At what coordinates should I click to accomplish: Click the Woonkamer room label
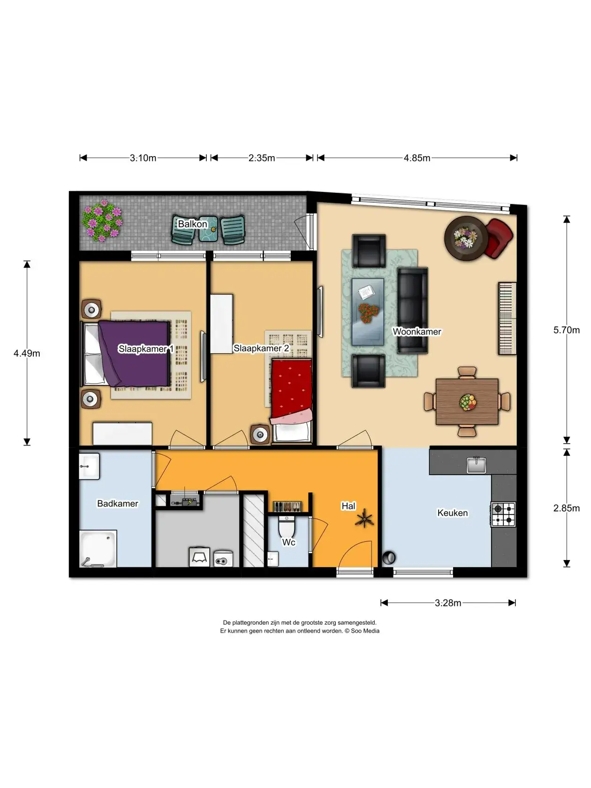417,331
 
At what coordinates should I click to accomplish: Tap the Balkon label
193,224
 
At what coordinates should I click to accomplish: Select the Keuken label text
453,513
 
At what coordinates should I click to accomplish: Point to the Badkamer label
118,503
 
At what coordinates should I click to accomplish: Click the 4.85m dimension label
417,158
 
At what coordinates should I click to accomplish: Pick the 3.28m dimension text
448,603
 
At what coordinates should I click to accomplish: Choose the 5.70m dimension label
567,330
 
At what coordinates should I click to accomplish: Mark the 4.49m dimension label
27,353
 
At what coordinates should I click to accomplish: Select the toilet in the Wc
286,526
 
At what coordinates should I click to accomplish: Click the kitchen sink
476,465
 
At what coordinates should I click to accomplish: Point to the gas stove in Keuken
503,514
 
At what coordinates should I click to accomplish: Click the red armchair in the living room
499,238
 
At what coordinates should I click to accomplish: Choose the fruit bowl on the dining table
468,402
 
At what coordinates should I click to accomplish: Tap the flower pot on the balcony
102,220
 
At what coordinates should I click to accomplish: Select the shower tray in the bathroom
98,548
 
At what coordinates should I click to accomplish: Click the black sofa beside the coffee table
413,310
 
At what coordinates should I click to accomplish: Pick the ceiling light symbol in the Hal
364,518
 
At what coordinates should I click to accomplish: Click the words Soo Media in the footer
365,631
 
